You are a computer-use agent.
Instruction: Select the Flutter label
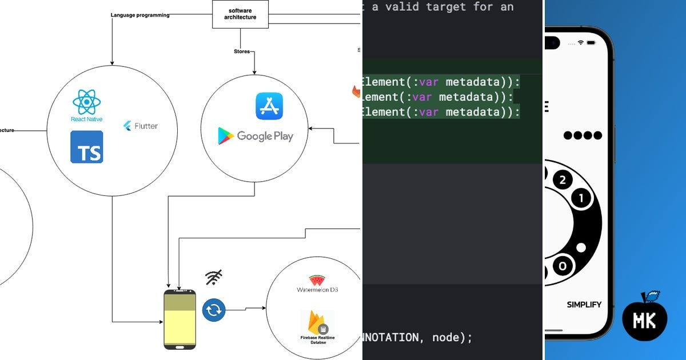click(x=141, y=126)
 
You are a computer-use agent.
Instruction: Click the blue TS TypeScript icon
click(x=87, y=147)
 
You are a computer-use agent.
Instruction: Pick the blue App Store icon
click(x=269, y=106)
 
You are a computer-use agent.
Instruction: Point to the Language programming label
click(x=140, y=15)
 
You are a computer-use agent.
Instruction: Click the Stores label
click(x=242, y=51)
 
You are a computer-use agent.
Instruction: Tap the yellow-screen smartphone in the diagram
click(x=180, y=319)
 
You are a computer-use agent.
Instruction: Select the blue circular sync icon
click(x=214, y=310)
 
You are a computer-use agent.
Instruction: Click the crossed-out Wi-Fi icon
click(x=214, y=278)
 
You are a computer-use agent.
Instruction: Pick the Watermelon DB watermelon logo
click(x=317, y=280)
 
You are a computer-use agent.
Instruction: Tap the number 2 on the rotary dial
click(x=563, y=181)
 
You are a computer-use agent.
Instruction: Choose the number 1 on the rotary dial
click(x=581, y=199)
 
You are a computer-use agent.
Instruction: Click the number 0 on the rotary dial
click(x=564, y=266)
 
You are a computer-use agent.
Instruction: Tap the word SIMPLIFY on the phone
click(x=584, y=305)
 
